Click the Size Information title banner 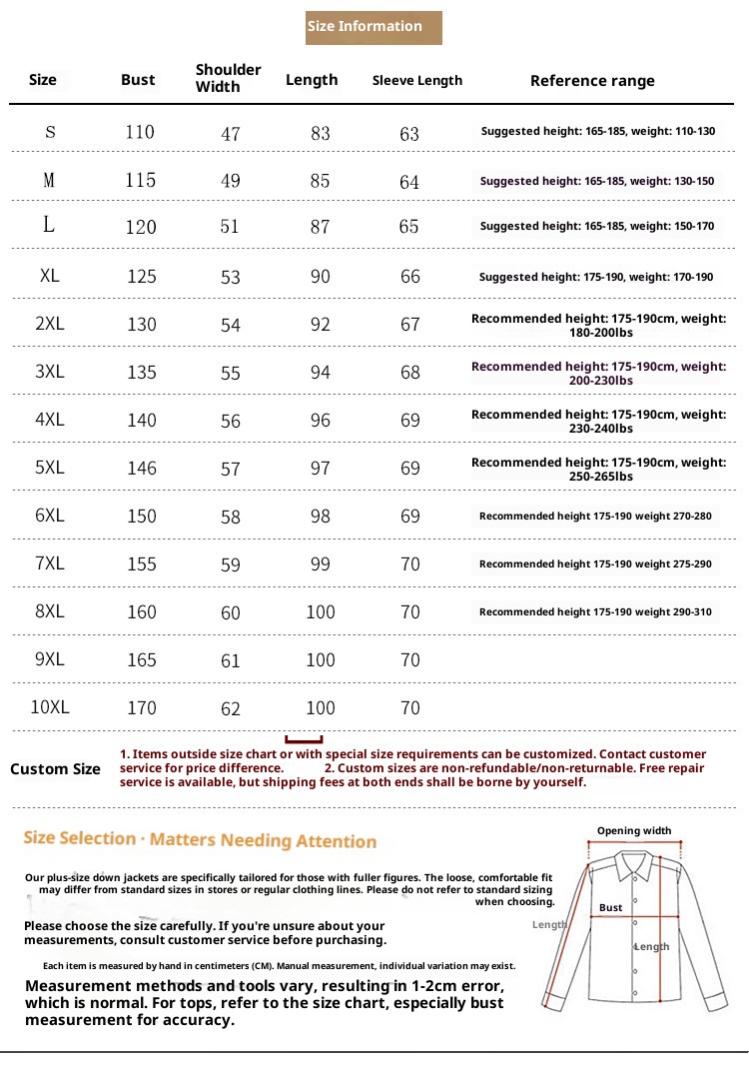pyautogui.click(x=374, y=27)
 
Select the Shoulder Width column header pyautogui.click(x=228, y=78)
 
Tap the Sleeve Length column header pyautogui.click(x=417, y=80)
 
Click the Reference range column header pyautogui.click(x=592, y=81)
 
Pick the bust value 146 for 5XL pyautogui.click(x=142, y=468)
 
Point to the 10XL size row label pyautogui.click(x=50, y=707)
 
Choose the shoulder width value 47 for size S pyautogui.click(x=231, y=133)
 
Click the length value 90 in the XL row pyautogui.click(x=320, y=276)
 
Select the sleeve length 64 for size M pyautogui.click(x=409, y=182)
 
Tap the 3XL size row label pyautogui.click(x=50, y=372)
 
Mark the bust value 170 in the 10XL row pyautogui.click(x=142, y=707)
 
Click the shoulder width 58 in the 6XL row pyautogui.click(x=231, y=517)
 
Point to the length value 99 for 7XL pyautogui.click(x=320, y=564)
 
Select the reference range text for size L pyautogui.click(x=597, y=227)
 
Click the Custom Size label pyautogui.click(x=55, y=769)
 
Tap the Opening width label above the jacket pyautogui.click(x=634, y=831)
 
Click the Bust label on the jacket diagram pyautogui.click(x=611, y=908)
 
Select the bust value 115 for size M pyautogui.click(x=141, y=180)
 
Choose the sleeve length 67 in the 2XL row pyautogui.click(x=410, y=324)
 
